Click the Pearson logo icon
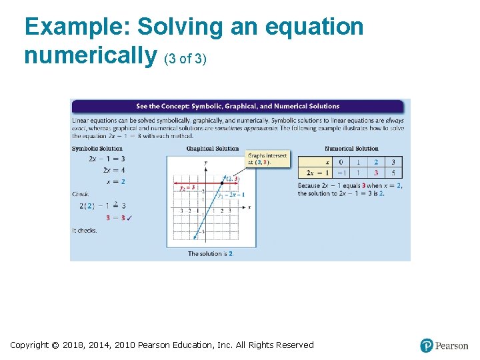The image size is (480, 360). click(x=427, y=345)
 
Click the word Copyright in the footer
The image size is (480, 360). click(x=29, y=345)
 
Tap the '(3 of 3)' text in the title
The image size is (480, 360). click(x=185, y=59)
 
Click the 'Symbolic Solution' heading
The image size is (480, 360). click(x=97, y=149)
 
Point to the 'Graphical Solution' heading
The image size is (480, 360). click(x=213, y=149)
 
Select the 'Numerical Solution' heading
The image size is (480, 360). click(x=351, y=149)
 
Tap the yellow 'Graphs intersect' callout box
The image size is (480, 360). click(x=267, y=159)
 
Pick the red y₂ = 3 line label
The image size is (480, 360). click(x=187, y=188)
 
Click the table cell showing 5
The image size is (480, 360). click(x=393, y=173)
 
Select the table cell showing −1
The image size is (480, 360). click(x=341, y=173)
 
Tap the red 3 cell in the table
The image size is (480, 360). click(x=376, y=173)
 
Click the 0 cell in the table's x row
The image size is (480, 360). click(x=341, y=162)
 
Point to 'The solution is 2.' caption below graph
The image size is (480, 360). click(x=211, y=254)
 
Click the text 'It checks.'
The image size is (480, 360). click(x=85, y=231)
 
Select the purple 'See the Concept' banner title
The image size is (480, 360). click(x=237, y=106)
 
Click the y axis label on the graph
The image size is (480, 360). click(x=205, y=163)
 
